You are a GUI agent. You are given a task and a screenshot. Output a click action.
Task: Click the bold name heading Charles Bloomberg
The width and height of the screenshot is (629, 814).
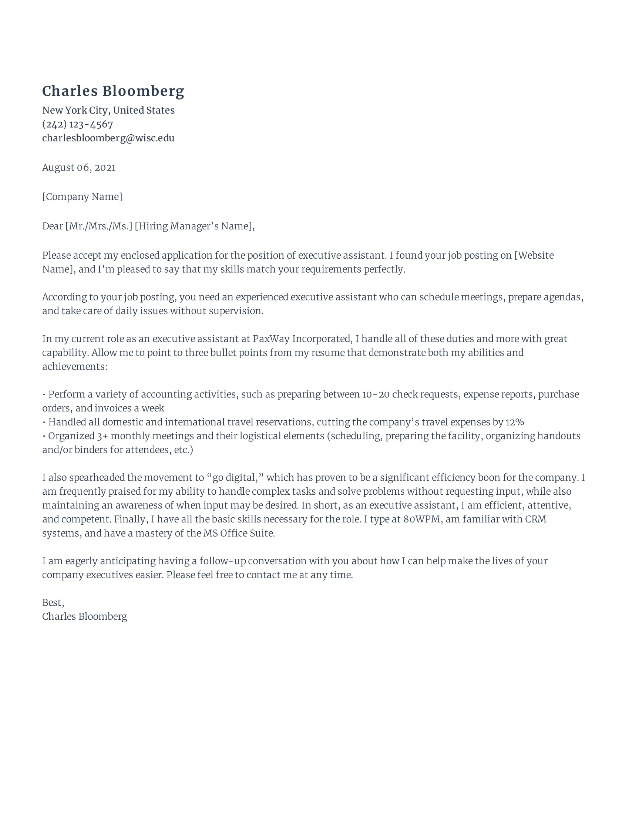113,91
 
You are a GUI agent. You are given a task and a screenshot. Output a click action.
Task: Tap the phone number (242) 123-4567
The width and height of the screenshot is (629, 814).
77,124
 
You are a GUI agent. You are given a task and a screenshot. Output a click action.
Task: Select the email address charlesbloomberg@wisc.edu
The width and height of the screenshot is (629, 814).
108,138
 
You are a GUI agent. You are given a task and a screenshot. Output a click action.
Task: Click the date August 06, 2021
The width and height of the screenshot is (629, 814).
78,167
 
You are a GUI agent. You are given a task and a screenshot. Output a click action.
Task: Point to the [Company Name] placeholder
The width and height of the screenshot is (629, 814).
82,196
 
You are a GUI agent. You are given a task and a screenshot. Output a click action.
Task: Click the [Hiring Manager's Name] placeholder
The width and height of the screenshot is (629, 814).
194,226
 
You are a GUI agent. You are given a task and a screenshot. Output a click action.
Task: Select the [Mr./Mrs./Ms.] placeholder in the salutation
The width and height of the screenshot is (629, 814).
99,226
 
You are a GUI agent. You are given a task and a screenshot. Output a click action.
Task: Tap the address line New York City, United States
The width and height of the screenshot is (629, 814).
108,110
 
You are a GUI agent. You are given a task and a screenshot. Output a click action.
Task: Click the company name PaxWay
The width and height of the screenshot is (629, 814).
271,339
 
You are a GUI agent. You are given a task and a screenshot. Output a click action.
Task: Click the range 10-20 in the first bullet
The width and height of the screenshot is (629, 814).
376,394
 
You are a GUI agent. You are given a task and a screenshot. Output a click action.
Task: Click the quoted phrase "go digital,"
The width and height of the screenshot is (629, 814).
235,477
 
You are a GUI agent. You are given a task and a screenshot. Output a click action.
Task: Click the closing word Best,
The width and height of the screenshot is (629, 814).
53,603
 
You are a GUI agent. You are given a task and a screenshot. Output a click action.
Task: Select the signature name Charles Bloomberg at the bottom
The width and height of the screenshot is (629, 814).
84,616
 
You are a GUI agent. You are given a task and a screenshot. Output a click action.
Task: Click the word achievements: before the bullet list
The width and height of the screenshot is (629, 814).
74,366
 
